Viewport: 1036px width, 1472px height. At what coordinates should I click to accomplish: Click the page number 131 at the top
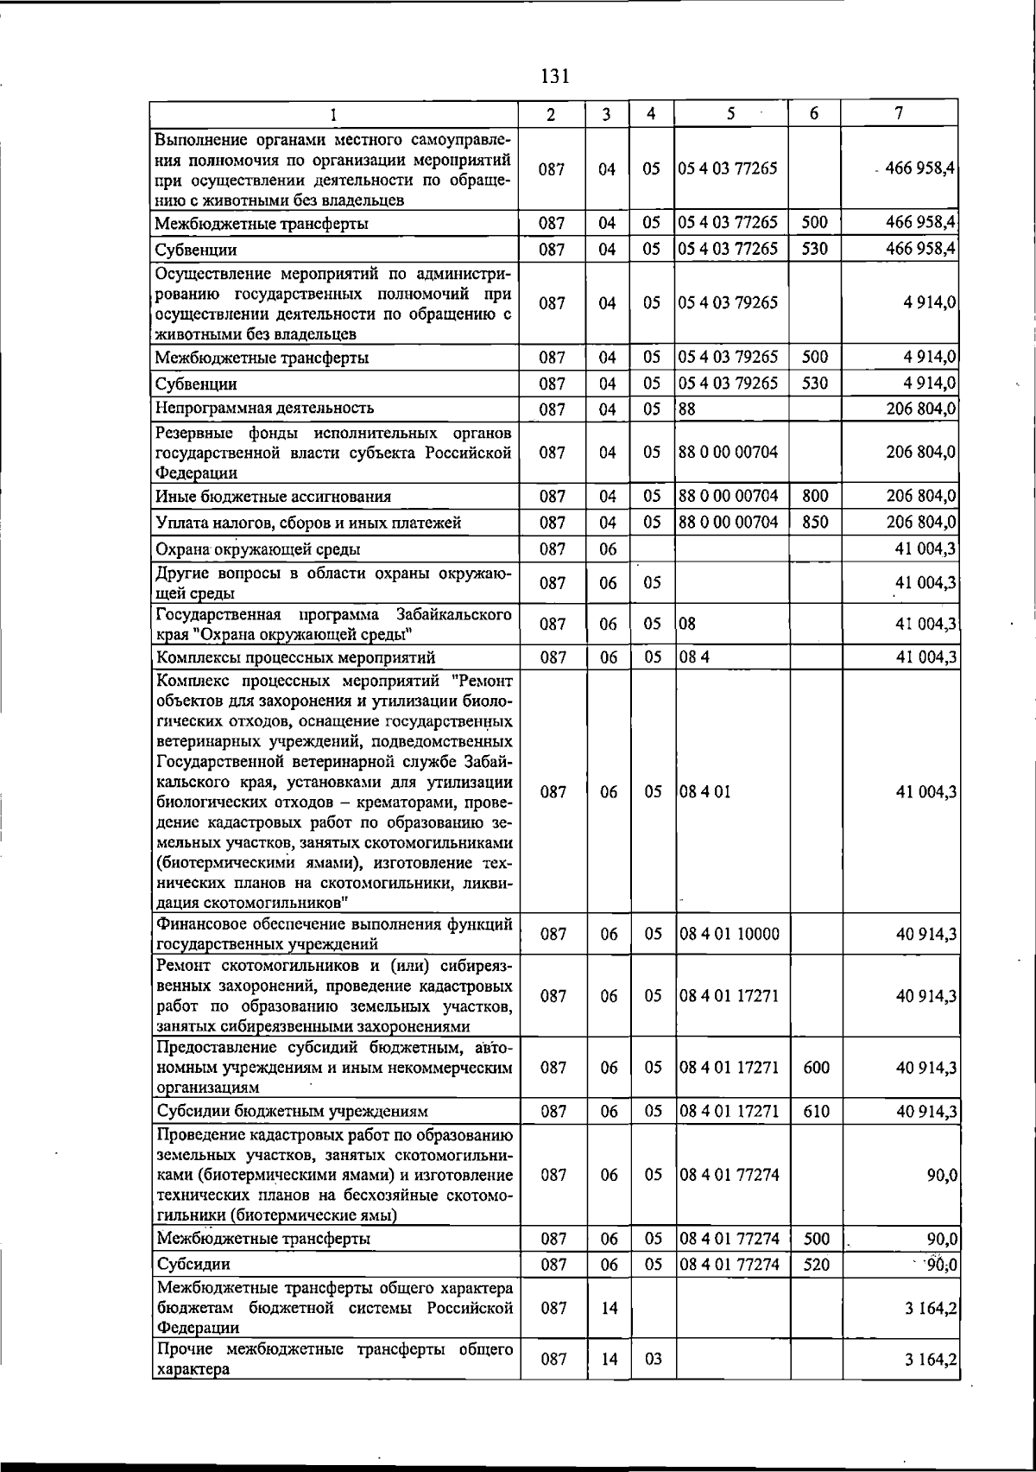(554, 76)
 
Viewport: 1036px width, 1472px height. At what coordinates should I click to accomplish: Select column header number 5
(730, 113)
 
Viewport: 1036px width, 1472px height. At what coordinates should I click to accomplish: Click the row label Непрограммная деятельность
(264, 408)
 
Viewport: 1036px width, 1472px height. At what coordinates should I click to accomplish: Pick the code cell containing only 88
(687, 409)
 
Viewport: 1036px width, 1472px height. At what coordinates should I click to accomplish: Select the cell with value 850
(814, 523)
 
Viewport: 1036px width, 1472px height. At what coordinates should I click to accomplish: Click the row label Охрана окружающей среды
(257, 549)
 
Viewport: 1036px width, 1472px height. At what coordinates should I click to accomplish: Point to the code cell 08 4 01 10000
(729, 934)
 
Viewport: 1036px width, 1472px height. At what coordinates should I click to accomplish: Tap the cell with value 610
(816, 1111)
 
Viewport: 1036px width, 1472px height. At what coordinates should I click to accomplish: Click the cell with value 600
(816, 1068)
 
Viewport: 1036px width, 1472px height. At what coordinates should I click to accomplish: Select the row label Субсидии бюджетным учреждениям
(292, 1111)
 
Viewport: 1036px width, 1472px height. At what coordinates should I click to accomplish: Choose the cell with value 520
(816, 1265)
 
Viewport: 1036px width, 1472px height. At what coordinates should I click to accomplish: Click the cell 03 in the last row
(653, 1359)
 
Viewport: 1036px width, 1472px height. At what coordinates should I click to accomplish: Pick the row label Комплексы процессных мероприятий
(295, 657)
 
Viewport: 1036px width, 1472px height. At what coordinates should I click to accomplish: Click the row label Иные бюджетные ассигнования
(273, 497)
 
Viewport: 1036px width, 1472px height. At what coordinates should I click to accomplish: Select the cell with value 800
(814, 496)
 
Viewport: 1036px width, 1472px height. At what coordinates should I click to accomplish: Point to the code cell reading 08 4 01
(704, 791)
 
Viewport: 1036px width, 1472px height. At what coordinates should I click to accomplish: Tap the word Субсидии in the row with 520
(193, 1265)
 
